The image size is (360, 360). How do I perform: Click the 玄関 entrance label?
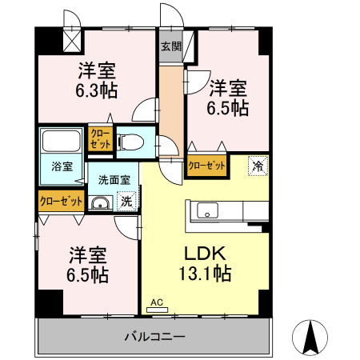170,46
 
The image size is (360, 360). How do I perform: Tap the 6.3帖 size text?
98,90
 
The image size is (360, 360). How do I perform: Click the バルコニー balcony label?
154,336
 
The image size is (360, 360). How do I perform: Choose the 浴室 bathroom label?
62,167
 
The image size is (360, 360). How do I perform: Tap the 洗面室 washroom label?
114,180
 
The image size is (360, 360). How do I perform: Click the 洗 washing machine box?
126,203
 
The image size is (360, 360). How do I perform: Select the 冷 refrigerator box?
258,166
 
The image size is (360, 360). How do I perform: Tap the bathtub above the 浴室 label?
61,144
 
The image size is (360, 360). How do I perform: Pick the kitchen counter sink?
206,212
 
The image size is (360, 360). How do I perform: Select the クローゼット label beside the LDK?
206,166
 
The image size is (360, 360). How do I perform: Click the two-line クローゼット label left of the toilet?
100,139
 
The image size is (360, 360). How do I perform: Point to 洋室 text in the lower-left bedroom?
87,255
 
